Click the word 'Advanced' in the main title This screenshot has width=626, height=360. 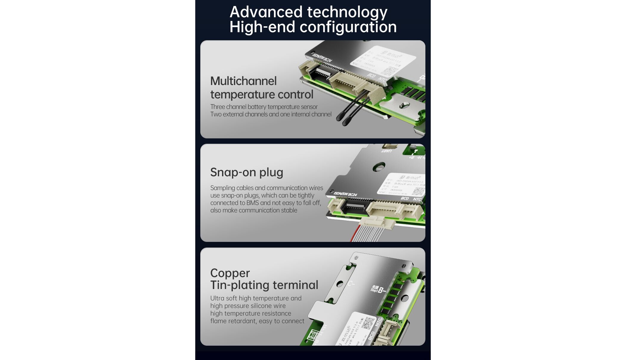coord(266,12)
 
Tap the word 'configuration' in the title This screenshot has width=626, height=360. coord(348,27)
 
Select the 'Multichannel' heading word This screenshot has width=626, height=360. coord(243,81)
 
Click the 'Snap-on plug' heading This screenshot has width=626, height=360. coord(247,172)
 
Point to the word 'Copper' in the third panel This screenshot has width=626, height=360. coord(230,273)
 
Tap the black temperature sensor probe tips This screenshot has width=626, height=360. coord(342,119)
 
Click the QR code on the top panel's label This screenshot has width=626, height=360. coord(389,71)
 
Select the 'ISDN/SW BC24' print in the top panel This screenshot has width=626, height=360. coord(322,56)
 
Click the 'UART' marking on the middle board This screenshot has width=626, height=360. coord(387,151)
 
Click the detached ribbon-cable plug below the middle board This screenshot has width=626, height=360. coord(377,223)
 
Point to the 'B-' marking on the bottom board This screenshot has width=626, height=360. coord(382,290)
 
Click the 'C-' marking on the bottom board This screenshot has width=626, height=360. coord(351,283)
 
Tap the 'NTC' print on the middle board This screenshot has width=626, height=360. coord(417,199)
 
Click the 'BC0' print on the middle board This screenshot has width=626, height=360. coord(405,198)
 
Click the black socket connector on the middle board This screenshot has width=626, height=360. coord(355,206)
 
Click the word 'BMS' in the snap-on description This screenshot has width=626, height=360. coord(252,203)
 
